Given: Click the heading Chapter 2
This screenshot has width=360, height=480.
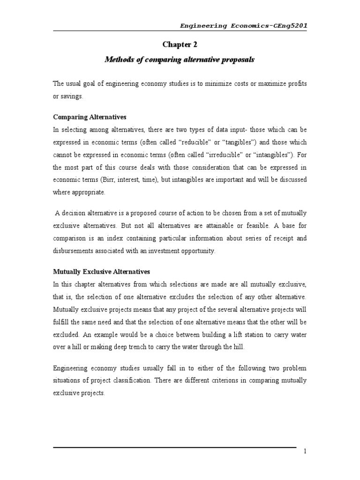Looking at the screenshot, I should click(180, 45).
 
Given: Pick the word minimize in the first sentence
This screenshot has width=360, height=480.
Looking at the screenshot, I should click(228, 83).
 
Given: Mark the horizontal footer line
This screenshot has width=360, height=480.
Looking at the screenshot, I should click(174, 447).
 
